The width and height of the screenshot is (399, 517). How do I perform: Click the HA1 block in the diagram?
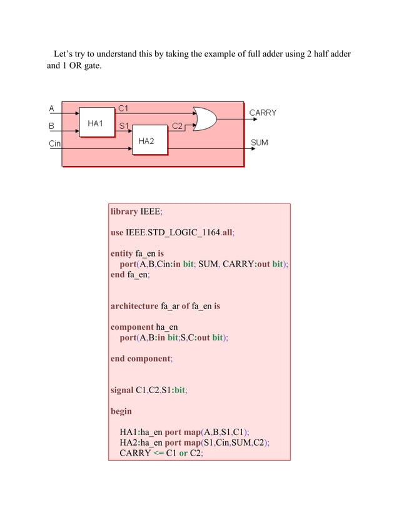pyautogui.click(x=94, y=124)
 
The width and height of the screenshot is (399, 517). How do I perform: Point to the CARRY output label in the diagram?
pyautogui.click(x=263, y=113)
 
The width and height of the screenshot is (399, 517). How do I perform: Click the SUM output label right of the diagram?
pyautogui.click(x=260, y=143)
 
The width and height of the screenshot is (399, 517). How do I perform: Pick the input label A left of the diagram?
pyautogui.click(x=52, y=108)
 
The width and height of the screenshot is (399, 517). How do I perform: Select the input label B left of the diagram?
pyautogui.click(x=52, y=126)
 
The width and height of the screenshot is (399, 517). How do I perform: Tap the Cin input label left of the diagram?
pyautogui.click(x=55, y=143)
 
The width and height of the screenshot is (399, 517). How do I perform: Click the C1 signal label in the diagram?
pyautogui.click(x=124, y=108)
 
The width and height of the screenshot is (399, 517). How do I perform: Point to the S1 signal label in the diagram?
pyautogui.click(x=124, y=126)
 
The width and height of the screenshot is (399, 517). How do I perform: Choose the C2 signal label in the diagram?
pyautogui.click(x=178, y=126)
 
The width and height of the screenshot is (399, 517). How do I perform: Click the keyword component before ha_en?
pyautogui.click(x=132, y=327)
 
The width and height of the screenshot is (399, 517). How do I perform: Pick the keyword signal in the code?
pyautogui.click(x=122, y=390)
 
